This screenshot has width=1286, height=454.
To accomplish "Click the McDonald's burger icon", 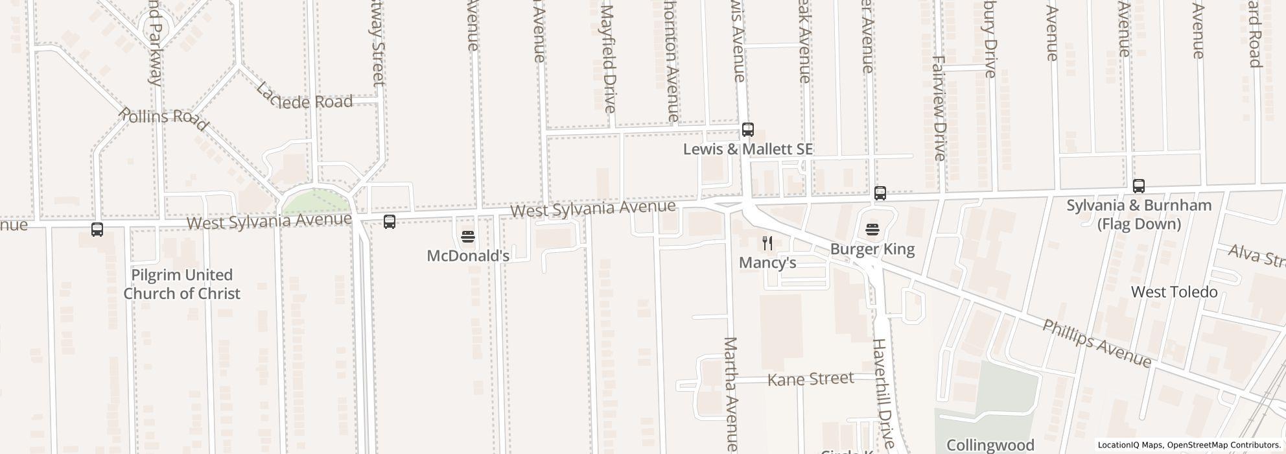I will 468,236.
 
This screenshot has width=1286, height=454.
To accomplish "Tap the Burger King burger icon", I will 872,229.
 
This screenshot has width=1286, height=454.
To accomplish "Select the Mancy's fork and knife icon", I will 767,243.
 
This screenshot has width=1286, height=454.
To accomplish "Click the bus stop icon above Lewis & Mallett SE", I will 747,129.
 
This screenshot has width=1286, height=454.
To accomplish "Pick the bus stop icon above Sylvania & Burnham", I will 1138,186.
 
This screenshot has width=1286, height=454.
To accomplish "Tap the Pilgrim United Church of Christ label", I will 181,284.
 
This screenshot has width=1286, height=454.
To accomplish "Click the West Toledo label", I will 1174,292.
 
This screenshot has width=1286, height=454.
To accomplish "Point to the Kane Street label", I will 810,379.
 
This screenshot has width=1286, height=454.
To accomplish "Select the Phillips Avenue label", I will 1096,343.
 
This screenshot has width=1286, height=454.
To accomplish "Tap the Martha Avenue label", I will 731,393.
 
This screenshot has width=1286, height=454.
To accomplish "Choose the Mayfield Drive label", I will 608,58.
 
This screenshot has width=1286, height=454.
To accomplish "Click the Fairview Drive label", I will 938,108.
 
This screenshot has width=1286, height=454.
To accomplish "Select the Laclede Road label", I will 305,101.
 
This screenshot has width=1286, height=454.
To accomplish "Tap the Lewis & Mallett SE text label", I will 747,149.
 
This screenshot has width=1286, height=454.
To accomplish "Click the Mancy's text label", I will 767,263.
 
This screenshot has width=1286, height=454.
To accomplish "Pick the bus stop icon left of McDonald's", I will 389,222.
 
